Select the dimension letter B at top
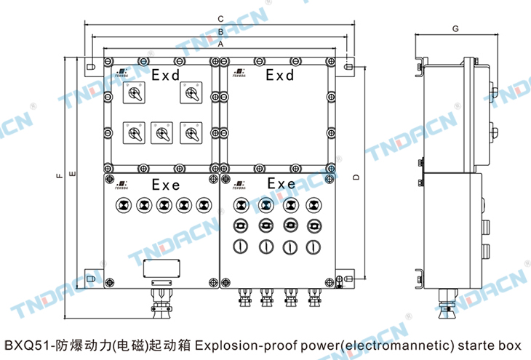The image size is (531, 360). coord(220,32)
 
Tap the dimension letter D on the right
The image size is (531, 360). coord(356,177)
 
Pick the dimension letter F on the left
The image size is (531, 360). coord(57,175)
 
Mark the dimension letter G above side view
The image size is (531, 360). coord(454,28)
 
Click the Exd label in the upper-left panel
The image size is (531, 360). coord(165,75)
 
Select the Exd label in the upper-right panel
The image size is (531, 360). coord(279,75)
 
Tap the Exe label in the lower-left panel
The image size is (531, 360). coord(166,185)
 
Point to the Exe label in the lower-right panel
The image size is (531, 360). coord(282,184)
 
